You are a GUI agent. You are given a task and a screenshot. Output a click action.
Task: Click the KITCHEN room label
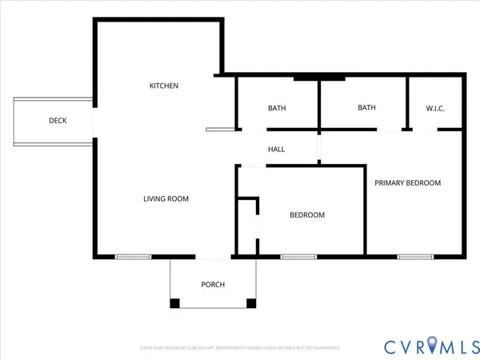tap(164, 86)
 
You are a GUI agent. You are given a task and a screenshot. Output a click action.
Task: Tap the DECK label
tap(58, 121)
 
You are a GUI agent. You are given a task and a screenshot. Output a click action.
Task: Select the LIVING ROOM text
tap(166, 198)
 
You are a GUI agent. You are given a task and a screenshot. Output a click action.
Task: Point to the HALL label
tap(276, 149)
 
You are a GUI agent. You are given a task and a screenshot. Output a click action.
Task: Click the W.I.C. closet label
tap(435, 108)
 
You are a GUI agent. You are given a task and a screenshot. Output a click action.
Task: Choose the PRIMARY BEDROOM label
tap(408, 182)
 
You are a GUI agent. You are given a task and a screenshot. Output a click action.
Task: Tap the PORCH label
tap(213, 285)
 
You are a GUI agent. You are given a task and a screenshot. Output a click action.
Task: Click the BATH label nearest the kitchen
tap(277, 108)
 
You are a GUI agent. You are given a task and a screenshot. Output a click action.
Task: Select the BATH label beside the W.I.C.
tap(366, 107)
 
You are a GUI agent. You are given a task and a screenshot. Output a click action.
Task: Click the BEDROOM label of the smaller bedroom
tap(307, 214)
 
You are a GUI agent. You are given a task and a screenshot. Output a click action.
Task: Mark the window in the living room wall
tap(133, 257)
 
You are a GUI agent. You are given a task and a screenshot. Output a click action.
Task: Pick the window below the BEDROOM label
tap(298, 257)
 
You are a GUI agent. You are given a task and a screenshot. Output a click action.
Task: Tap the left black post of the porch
tap(175, 303)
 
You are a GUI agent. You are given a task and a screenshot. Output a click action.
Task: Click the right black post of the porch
tap(250, 303)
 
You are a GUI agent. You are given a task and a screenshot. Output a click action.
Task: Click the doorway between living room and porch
tap(213, 257)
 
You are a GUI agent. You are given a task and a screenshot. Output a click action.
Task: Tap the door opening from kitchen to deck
tap(94, 121)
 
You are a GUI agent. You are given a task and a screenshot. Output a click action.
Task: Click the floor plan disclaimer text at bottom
tap(240, 348)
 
